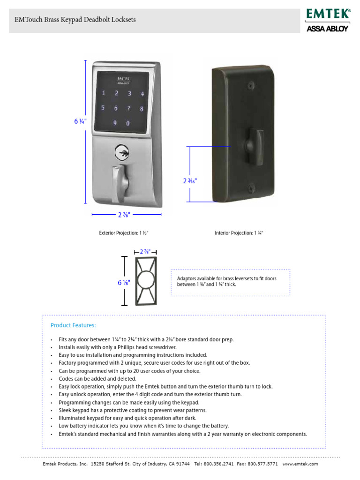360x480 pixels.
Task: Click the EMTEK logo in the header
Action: tap(329, 14)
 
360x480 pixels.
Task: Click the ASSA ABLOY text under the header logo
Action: tap(327, 29)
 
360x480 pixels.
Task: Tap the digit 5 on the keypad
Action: tap(103, 108)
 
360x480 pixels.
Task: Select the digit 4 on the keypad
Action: tap(141, 93)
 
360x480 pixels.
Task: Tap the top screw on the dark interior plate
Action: tap(251, 86)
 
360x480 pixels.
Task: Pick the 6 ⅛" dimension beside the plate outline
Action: tap(123, 282)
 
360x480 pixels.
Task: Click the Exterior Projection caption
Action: tap(123, 233)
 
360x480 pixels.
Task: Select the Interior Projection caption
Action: tap(239, 233)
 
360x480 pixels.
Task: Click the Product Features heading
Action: tap(73, 325)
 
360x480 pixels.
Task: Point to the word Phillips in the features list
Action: tap(123, 347)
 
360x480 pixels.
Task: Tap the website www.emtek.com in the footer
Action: tap(300, 464)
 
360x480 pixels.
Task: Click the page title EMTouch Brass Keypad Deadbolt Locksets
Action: tap(75, 20)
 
